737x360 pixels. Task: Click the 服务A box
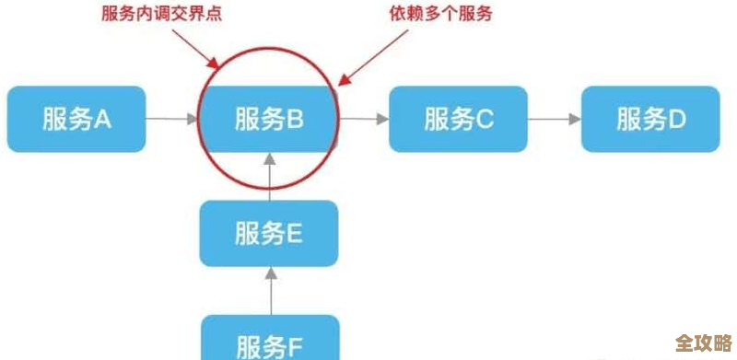76,119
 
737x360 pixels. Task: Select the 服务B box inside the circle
269,119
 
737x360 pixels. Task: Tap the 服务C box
459,119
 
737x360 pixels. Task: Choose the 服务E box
269,234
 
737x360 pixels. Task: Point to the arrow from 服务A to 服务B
172,119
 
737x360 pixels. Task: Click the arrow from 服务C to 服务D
554,119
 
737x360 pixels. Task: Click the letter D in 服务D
676,119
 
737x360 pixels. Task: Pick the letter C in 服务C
485,119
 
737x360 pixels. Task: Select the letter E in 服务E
294,234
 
